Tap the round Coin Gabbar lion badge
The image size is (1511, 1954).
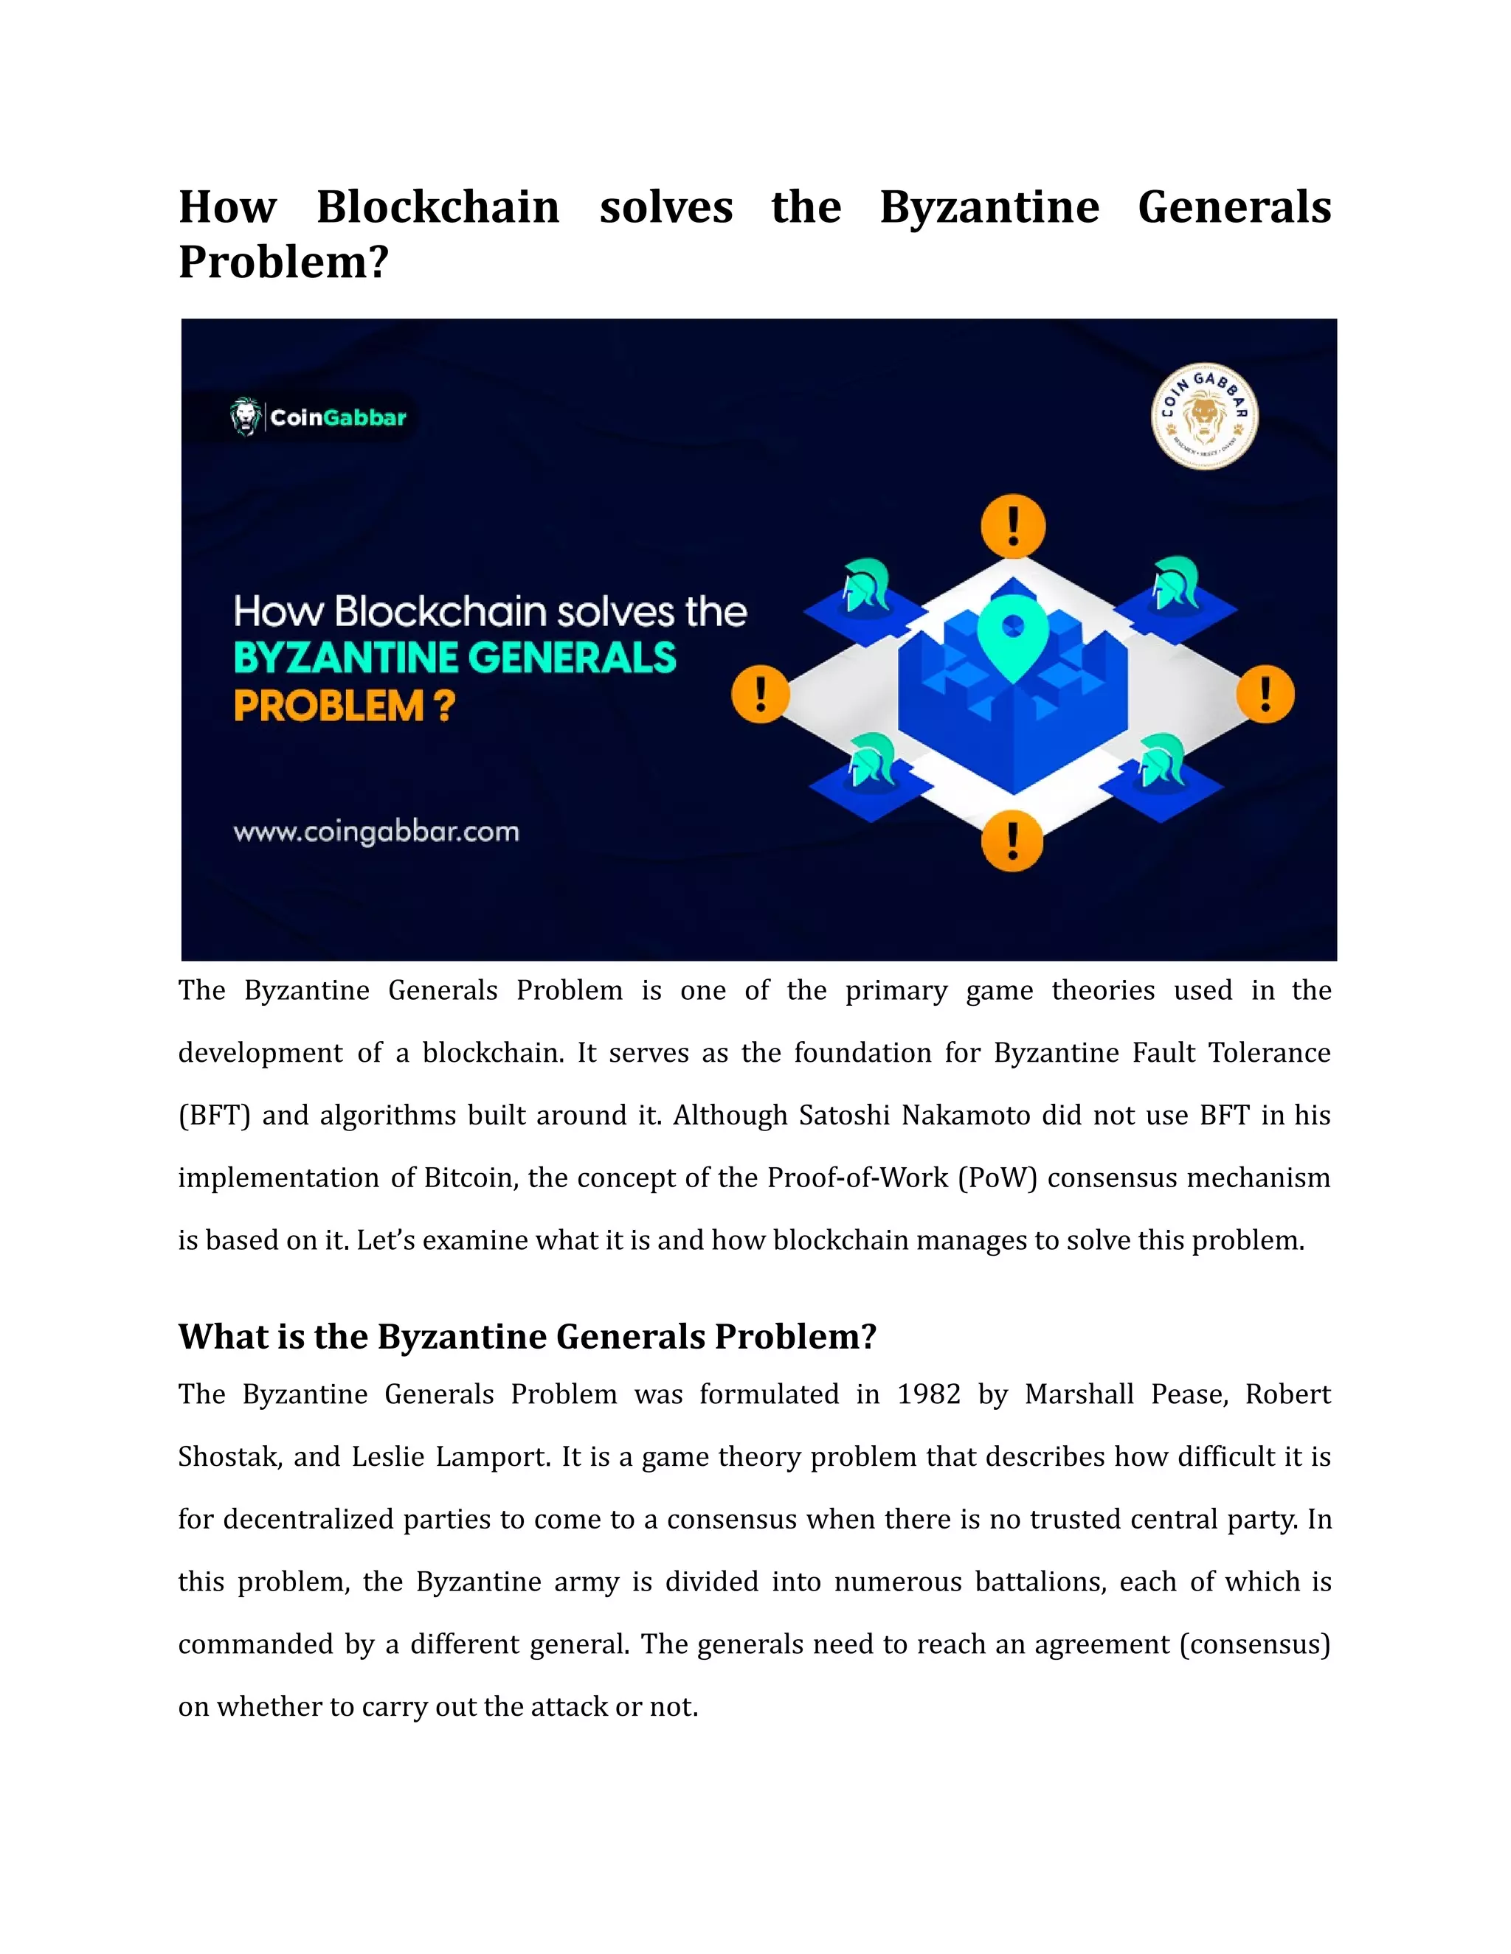(1204, 417)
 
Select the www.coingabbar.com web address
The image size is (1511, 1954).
(376, 832)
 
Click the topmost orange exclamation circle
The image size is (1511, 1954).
(1012, 526)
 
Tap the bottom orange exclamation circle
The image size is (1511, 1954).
(1012, 841)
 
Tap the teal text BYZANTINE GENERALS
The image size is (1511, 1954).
(454, 658)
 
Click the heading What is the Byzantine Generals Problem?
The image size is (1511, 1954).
(528, 1337)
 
